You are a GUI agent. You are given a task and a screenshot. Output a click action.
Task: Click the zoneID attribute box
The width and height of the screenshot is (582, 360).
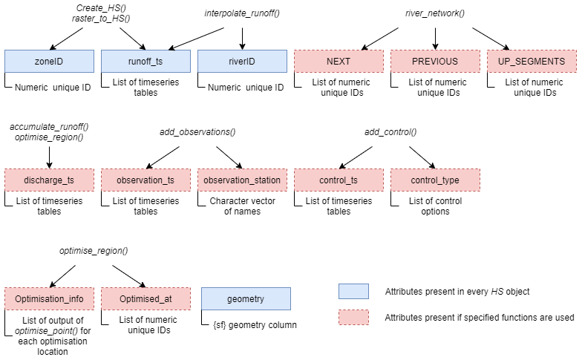click(49, 61)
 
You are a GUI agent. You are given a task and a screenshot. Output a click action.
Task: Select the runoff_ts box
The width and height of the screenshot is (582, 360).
click(145, 61)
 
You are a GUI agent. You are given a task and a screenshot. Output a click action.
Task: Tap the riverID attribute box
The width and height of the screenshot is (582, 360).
click(242, 61)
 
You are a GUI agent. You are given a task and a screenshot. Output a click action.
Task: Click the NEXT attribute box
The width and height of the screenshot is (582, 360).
click(339, 61)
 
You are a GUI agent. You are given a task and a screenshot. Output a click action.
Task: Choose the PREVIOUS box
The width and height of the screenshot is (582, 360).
click(435, 61)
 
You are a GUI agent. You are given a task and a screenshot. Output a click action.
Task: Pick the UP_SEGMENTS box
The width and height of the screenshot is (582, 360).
click(532, 61)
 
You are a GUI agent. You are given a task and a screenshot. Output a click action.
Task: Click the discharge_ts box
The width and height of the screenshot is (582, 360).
click(49, 180)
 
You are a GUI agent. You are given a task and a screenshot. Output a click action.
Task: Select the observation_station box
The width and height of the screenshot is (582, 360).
click(242, 180)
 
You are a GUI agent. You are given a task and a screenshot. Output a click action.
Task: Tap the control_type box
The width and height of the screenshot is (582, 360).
click(435, 180)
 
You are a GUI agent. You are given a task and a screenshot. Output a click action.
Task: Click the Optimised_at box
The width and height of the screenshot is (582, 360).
click(145, 299)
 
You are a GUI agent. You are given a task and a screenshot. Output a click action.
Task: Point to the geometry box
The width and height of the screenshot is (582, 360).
click(246, 299)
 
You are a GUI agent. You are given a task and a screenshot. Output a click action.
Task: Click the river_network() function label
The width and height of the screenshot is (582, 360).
click(435, 13)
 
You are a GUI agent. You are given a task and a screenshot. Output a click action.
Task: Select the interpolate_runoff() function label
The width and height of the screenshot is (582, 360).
click(242, 13)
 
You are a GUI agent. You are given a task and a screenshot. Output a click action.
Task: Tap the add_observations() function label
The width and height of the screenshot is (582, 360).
click(197, 132)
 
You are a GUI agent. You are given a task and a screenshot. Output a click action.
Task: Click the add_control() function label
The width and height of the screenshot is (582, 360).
click(390, 132)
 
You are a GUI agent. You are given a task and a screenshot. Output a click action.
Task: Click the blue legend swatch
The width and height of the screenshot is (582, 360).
click(353, 291)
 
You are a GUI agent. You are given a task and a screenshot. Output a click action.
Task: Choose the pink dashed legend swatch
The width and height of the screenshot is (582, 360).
click(353, 317)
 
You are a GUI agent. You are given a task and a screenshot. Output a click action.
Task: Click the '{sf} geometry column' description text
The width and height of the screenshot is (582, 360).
click(250, 324)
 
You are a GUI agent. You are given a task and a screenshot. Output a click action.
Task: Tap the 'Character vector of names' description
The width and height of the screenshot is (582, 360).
click(242, 206)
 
